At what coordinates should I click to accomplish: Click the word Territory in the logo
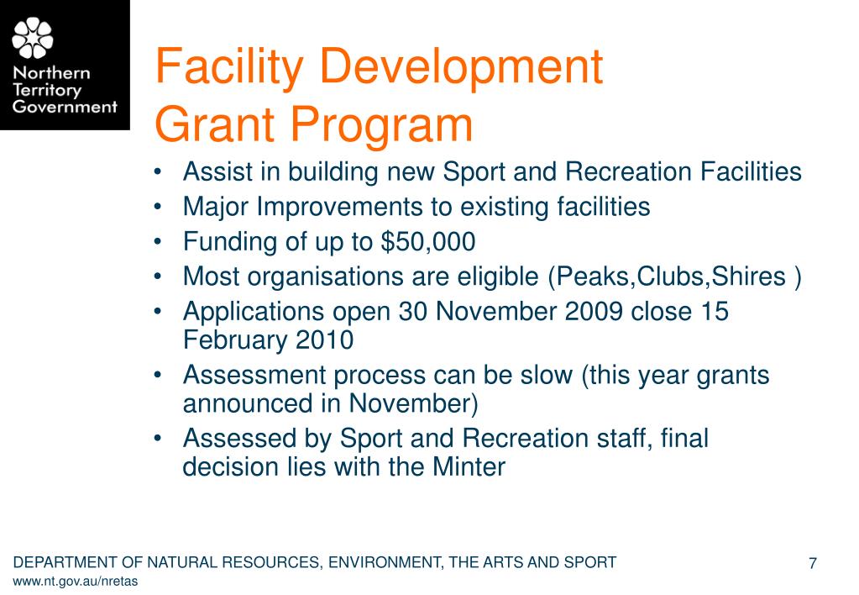coord(46,90)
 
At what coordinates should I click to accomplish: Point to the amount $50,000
coord(428,242)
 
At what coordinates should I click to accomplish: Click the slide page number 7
coord(813,563)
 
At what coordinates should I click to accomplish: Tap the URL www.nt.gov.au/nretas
coord(76,582)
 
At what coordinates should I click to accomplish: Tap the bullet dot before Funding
coord(160,243)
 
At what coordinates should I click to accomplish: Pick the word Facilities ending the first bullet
coord(749,172)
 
